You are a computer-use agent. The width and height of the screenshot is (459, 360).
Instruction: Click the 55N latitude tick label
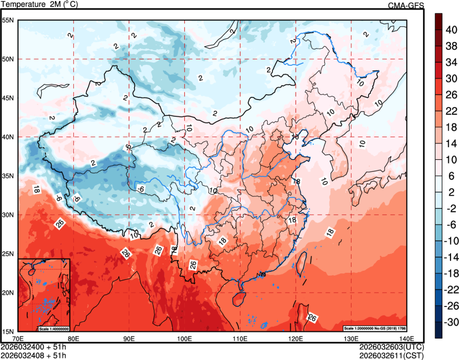(x=7, y=20)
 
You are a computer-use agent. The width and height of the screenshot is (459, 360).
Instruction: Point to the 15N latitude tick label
(x=7, y=331)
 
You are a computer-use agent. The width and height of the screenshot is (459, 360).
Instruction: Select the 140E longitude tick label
(x=407, y=339)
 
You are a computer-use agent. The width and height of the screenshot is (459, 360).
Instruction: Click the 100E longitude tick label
(x=184, y=339)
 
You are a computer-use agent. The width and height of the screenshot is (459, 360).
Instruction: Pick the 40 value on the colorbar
(x=451, y=30)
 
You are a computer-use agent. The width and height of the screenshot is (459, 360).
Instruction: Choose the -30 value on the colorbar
(x=451, y=322)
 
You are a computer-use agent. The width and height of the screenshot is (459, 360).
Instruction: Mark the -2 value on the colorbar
(x=451, y=208)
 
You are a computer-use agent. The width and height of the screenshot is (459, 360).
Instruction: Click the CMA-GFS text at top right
(x=406, y=5)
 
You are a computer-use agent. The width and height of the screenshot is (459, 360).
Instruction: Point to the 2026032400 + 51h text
(x=34, y=347)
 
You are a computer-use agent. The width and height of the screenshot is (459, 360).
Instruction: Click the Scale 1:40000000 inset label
(x=53, y=328)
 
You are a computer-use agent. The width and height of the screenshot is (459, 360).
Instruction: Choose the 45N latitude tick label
(x=7, y=98)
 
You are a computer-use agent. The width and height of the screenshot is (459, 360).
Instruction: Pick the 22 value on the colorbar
(x=451, y=111)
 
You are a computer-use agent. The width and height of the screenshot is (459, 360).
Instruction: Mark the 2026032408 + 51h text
(x=34, y=355)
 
